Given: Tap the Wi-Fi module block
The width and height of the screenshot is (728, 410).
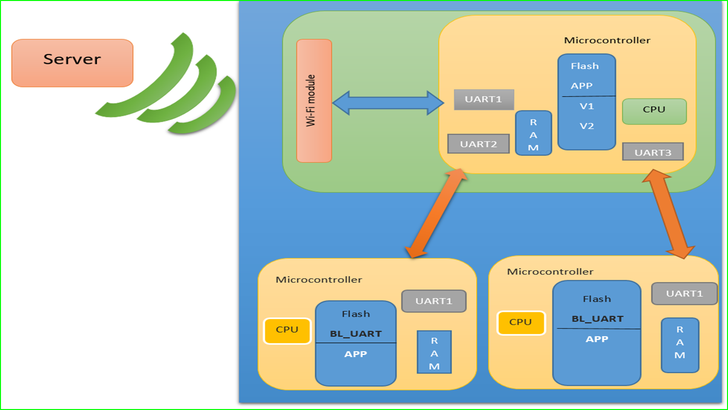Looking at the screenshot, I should [x=314, y=101].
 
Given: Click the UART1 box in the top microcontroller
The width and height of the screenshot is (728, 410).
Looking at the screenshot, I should [x=484, y=100].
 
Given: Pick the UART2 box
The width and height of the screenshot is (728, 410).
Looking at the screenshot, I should [x=478, y=144].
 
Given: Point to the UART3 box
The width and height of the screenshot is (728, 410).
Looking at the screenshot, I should [x=652, y=152].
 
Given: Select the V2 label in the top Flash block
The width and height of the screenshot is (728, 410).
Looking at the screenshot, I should [x=587, y=126].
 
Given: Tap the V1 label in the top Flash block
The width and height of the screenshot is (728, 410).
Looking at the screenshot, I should [x=587, y=106].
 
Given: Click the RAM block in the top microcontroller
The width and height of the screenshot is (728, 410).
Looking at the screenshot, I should [x=533, y=133].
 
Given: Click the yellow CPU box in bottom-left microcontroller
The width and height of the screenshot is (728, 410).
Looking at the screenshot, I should [x=287, y=331].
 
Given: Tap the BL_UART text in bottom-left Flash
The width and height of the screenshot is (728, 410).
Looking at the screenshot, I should [x=356, y=334].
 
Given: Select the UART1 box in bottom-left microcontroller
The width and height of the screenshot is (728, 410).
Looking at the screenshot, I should [x=434, y=301].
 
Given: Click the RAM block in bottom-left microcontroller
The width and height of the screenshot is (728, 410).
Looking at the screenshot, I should [x=434, y=352].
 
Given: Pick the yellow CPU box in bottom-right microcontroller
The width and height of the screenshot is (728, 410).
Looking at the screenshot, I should [x=521, y=322].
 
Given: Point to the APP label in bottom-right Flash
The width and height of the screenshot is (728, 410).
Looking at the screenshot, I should [x=597, y=339].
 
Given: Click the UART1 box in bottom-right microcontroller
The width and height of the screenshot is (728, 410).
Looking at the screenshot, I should [x=684, y=293].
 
